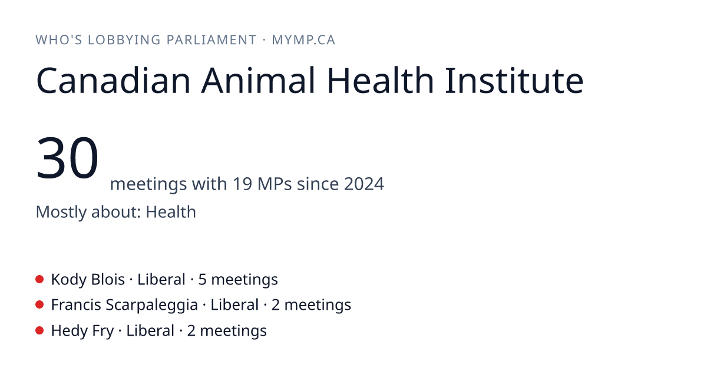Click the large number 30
[x=67, y=157]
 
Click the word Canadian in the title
[x=113, y=81]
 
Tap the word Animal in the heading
[x=258, y=81]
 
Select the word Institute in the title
[x=514, y=81]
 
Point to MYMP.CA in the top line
[x=303, y=40]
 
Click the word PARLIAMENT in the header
[x=211, y=40]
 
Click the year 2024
[x=364, y=184]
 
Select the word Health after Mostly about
[x=171, y=211]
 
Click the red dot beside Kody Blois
[x=39, y=279]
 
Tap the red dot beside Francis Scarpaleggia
[x=39, y=305]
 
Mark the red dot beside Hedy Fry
[x=39, y=330]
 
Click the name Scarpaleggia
[x=152, y=306]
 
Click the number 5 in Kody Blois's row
[x=202, y=280]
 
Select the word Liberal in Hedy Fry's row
[x=150, y=331]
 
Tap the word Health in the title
[x=381, y=81]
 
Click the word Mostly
[x=61, y=213]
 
